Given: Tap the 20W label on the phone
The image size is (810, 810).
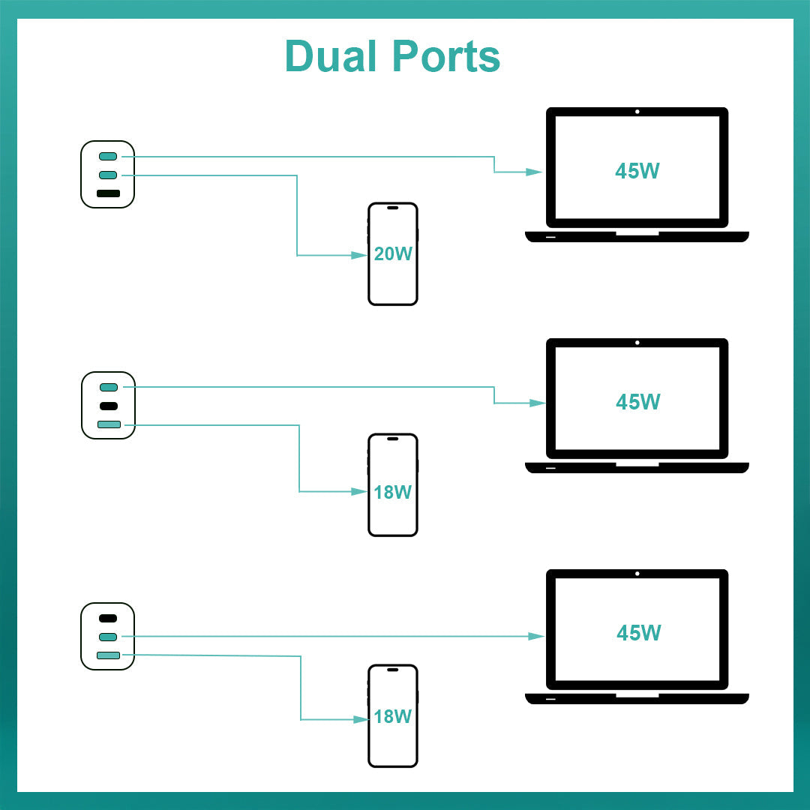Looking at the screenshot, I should pos(393,253).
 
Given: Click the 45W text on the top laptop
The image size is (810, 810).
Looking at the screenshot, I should pos(637,171).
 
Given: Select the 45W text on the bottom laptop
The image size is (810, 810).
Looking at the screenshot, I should pos(638,633).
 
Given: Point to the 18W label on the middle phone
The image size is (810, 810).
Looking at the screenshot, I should pos(393,492).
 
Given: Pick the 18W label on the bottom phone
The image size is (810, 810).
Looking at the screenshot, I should pos(393,716).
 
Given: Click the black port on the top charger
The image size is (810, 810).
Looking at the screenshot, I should pos(108,193).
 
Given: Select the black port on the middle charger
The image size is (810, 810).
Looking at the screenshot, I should pos(108,406).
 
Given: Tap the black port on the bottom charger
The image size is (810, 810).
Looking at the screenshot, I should pos(108,618).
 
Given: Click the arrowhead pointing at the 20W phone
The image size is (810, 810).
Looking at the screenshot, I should pos(359,256).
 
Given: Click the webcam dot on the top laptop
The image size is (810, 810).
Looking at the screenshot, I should pos(637,112).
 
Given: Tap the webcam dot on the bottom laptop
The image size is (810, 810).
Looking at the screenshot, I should pos(637,574).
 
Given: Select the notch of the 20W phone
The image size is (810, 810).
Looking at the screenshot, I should pos(392,208).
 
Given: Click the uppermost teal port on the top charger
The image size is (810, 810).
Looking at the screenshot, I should pos(108,156).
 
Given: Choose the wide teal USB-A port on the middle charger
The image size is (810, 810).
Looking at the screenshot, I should pos(109,424).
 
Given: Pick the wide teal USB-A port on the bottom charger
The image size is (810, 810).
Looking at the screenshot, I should pos(108,655).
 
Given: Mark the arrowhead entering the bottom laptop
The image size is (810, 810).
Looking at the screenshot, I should pos(535,636).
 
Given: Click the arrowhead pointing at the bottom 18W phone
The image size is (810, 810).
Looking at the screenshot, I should pos(360,719).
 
